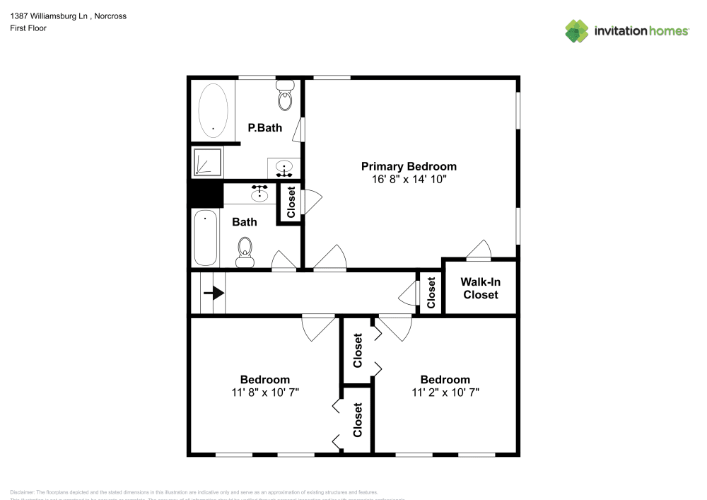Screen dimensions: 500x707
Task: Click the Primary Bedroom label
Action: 409,166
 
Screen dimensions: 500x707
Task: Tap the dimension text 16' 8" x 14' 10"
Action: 409,180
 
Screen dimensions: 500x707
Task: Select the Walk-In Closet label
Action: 481,288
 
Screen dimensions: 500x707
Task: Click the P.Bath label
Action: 264,128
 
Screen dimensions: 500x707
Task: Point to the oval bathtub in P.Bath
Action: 213,111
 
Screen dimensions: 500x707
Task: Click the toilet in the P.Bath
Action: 285,95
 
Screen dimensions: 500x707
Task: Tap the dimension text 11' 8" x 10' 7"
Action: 264,393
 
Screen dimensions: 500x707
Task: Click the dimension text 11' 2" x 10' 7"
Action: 445,393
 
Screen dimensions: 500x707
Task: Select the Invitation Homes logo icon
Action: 577,31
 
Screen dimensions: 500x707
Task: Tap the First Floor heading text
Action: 28,28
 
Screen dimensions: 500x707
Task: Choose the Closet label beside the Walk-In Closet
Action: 431,292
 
